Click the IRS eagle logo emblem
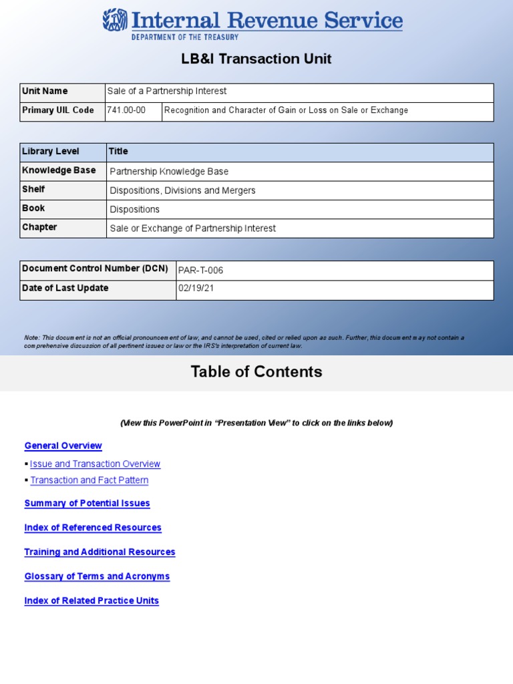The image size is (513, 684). click(115, 20)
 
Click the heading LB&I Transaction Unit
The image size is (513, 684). click(256, 59)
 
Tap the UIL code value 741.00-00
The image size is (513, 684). click(126, 110)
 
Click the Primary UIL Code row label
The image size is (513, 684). click(58, 110)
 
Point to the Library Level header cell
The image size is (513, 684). click(51, 152)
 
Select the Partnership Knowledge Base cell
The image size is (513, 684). click(169, 172)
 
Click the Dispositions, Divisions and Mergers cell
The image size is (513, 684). click(182, 190)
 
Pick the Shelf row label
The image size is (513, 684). click(33, 190)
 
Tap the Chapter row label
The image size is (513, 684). click(39, 228)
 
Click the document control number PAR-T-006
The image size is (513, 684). click(200, 271)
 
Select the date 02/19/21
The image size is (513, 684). click(196, 289)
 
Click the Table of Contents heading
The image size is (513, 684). click(256, 372)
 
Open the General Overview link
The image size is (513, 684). click(63, 446)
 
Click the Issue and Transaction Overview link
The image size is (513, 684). click(95, 464)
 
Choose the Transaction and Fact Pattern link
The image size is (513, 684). click(90, 480)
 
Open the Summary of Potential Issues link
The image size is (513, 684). click(87, 503)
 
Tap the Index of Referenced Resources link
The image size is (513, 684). click(93, 528)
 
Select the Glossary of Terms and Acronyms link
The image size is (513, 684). click(97, 576)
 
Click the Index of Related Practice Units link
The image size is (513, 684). click(92, 601)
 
